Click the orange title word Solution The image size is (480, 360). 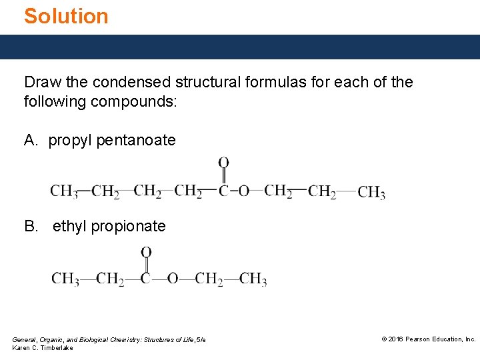66,16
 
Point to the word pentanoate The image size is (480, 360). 136,141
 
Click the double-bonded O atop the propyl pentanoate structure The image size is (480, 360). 224,163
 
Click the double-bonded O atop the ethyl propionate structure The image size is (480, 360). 146,252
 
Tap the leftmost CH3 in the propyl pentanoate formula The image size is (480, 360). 64,192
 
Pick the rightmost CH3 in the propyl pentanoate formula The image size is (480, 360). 371,193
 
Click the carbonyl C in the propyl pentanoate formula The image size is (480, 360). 224,191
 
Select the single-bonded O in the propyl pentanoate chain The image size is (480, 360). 243,191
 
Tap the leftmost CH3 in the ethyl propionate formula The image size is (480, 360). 65,279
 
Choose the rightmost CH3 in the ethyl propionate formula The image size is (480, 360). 253,279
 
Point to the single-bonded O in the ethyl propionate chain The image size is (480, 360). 172,279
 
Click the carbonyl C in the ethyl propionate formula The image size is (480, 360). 146,279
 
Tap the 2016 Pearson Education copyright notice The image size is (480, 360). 428,339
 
